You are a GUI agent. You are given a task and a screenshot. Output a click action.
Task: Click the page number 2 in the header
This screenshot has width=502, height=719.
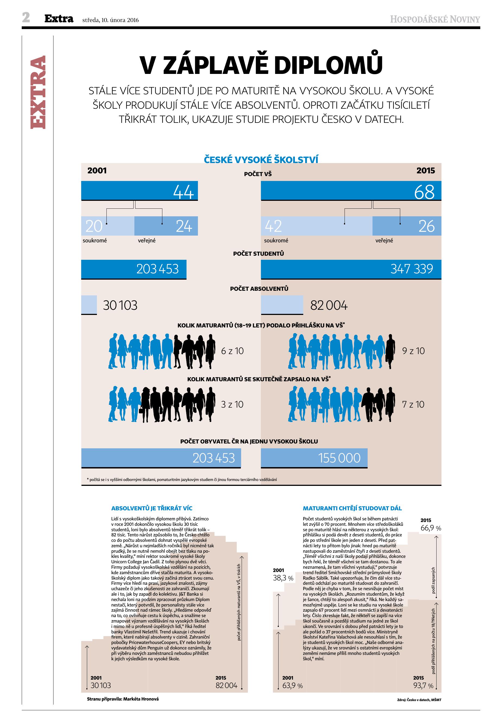pyautogui.click(x=26, y=18)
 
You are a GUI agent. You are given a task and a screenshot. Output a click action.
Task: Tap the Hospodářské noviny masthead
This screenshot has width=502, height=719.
pyautogui.click(x=434, y=19)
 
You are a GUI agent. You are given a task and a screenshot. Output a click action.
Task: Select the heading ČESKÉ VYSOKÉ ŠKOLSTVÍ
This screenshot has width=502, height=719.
pyautogui.click(x=261, y=160)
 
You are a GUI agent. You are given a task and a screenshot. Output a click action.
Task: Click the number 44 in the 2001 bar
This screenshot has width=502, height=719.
pyautogui.click(x=184, y=191)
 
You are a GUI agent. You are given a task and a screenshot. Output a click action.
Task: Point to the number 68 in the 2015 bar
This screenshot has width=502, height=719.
pyautogui.click(x=424, y=192)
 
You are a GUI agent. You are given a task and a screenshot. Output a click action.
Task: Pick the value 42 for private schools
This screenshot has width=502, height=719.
pyautogui.click(x=273, y=226)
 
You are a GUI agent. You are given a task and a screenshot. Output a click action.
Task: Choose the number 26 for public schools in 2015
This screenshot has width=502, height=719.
pyautogui.click(x=426, y=226)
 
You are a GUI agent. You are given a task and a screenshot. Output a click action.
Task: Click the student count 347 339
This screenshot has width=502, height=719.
pyautogui.click(x=412, y=269)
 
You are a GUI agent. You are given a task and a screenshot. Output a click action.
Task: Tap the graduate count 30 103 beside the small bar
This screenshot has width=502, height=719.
pyautogui.click(x=120, y=305)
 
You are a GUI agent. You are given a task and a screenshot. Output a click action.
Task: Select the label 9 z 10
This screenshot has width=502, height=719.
pyautogui.click(x=413, y=351)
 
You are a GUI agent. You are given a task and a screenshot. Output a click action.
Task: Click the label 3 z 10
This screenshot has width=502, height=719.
pyautogui.click(x=232, y=404)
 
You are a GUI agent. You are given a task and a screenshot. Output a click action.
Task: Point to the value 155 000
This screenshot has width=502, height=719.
pyautogui.click(x=339, y=458)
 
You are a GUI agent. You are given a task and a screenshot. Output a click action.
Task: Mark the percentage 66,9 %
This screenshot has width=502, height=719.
pyautogui.click(x=431, y=528)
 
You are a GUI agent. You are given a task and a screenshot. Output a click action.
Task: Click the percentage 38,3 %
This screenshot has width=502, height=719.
pyautogui.click(x=283, y=578)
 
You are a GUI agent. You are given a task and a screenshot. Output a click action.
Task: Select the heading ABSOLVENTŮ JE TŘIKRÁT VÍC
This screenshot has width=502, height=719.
pyautogui.click(x=152, y=508)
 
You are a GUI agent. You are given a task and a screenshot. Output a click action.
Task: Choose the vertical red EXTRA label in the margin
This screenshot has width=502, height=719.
pyautogui.click(x=38, y=92)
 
